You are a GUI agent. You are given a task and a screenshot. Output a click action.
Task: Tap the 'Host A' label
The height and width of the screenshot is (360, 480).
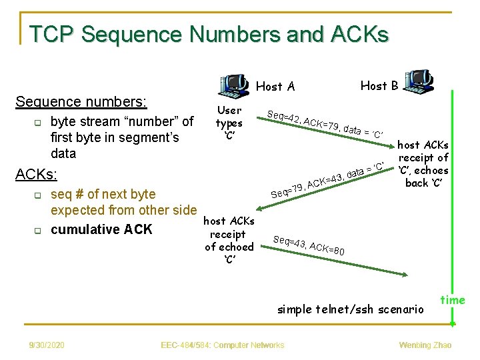coord(275,86)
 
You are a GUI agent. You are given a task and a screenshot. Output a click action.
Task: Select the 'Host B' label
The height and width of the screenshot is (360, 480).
coord(379,85)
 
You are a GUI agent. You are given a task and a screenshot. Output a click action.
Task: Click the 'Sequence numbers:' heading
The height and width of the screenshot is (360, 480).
coord(81,102)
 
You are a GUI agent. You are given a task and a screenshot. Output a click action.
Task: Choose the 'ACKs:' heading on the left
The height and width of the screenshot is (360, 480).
coord(37,175)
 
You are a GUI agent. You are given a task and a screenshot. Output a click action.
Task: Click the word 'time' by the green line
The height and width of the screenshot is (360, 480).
coord(453,300)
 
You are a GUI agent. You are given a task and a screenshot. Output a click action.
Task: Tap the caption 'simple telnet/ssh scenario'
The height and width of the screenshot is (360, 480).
coord(351,309)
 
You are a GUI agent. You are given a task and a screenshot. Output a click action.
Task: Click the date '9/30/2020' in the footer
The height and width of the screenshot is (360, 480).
coord(47,345)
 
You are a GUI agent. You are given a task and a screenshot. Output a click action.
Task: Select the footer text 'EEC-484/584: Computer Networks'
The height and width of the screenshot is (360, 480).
coord(223,345)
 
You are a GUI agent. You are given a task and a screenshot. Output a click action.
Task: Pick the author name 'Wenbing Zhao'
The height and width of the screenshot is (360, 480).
coord(425,345)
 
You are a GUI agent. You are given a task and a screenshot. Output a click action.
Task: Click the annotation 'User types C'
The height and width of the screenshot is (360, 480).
coord(229,123)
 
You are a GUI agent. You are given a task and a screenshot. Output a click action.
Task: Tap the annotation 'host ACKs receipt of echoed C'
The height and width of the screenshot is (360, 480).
coord(229,240)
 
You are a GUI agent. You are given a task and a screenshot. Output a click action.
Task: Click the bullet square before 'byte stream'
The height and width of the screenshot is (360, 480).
coord(38,123)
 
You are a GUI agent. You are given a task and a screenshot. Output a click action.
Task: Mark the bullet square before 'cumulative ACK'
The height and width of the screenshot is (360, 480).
coord(38,231)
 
